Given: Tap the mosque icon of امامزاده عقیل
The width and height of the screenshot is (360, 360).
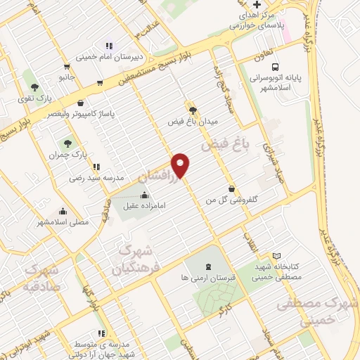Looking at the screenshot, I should point(145,194).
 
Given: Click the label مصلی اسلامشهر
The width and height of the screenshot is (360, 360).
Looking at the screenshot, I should point(64,222).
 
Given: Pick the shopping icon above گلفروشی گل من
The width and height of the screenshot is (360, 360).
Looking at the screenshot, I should point(233,187).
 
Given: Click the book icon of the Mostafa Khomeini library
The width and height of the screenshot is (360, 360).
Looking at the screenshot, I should point(276,255).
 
